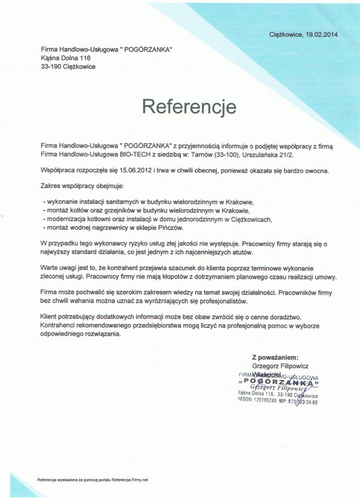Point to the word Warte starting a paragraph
coord(50,267)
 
